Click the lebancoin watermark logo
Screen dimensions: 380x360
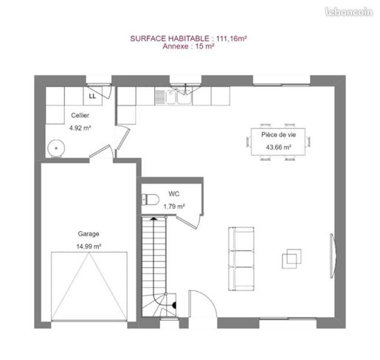pyautogui.click(x=349, y=12)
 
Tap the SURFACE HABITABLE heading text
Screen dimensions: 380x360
pyautogui.click(x=170, y=38)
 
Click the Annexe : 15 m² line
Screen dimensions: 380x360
pyautogui.click(x=188, y=46)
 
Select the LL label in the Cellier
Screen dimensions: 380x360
pyautogui.click(x=92, y=96)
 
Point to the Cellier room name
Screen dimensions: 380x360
pyautogui.click(x=80, y=115)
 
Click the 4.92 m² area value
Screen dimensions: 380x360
pyautogui.click(x=80, y=128)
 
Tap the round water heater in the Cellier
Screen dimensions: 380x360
pyautogui.click(x=56, y=148)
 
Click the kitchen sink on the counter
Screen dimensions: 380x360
pyautogui.click(x=179, y=97)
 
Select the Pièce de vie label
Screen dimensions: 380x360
pyautogui.click(x=278, y=135)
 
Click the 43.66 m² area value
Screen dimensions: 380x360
pyautogui.click(x=278, y=148)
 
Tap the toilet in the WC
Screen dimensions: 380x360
pyautogui.click(x=151, y=199)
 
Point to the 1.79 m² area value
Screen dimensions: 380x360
pyautogui.click(x=174, y=207)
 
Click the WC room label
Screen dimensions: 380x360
pyautogui.click(x=174, y=194)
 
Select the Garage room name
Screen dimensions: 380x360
pyautogui.click(x=89, y=234)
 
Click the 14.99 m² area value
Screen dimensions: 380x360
pyautogui.click(x=89, y=246)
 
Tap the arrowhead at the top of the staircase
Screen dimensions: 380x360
pyautogui.click(x=153, y=218)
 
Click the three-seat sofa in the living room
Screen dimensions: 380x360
pyautogui.click(x=241, y=259)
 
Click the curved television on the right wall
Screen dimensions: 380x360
pyautogui.click(x=333, y=256)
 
